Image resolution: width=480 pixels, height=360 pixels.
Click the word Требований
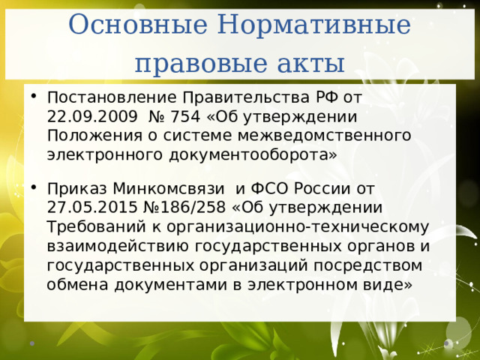(x=92, y=226)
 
